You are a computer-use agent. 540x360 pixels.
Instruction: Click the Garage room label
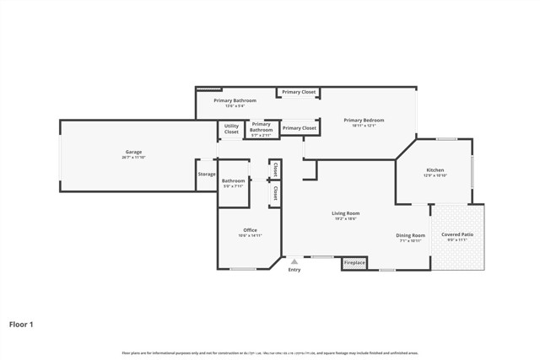coord(133,152)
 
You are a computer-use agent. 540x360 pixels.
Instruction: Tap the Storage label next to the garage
coord(207,175)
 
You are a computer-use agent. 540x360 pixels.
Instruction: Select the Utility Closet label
coord(231,130)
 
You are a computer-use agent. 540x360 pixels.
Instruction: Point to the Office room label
coord(250,230)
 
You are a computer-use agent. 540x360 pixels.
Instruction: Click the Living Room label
coord(346,213)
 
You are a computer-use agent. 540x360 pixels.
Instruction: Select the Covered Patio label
coord(456,234)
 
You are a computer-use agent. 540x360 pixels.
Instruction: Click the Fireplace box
coord(354,263)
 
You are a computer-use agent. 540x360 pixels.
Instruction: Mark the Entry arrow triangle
coord(294,261)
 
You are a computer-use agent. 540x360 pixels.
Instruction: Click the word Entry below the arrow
coord(294,270)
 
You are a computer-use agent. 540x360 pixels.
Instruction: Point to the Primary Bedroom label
coord(364,121)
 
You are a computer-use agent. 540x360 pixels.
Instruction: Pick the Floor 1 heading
coord(21,324)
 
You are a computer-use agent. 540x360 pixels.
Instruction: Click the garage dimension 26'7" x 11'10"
coord(133,158)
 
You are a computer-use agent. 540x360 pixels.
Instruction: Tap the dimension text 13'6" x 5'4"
coord(234,106)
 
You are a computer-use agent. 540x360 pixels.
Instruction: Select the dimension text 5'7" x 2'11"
coord(261,135)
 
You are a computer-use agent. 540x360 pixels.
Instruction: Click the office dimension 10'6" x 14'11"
coord(250,236)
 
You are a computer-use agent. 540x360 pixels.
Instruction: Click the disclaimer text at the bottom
coord(270,352)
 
